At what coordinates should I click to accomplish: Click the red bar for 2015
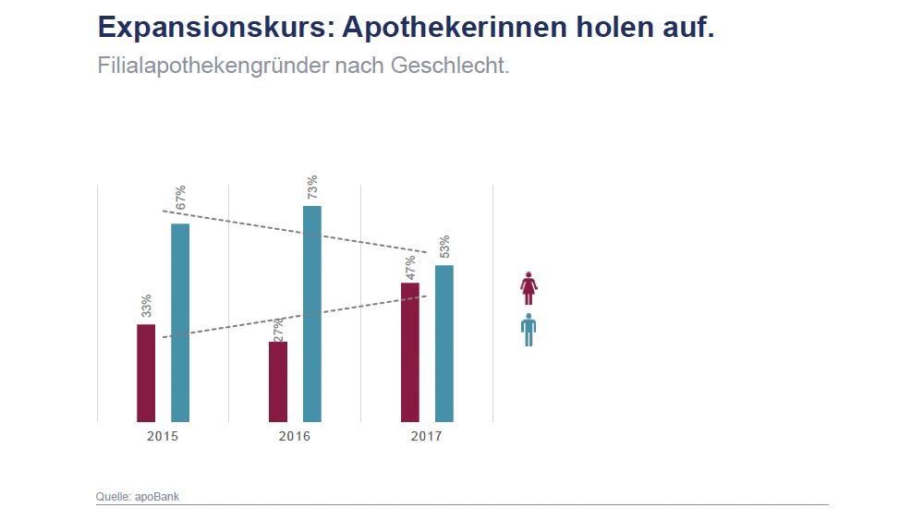click(x=146, y=373)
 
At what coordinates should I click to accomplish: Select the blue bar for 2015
click(x=180, y=322)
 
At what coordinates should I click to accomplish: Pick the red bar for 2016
click(x=278, y=381)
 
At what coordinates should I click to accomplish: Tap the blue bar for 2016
click(x=312, y=314)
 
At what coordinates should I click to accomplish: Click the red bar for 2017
click(x=410, y=352)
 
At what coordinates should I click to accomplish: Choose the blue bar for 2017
click(x=444, y=344)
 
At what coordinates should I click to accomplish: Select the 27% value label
click(x=278, y=328)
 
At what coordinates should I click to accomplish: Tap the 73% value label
click(x=312, y=187)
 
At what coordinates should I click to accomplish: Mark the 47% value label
click(x=410, y=267)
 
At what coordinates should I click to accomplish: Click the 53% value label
click(x=444, y=248)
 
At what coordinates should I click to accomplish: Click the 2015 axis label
click(x=163, y=436)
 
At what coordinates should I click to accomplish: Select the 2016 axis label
click(x=295, y=436)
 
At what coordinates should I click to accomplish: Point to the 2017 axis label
click(x=427, y=436)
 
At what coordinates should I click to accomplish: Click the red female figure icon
click(x=529, y=288)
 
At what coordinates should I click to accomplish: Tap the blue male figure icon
click(x=529, y=330)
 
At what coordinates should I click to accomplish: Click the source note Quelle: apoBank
click(x=138, y=497)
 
